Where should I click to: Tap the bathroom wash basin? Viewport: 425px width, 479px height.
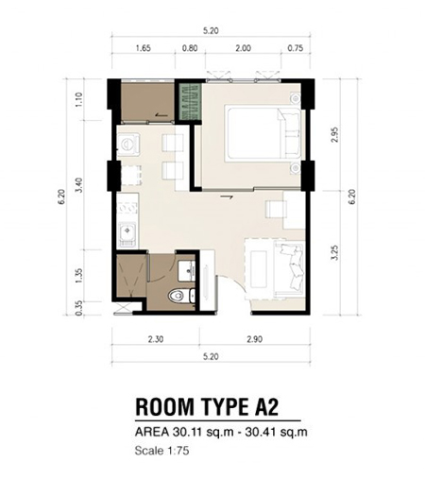(187, 271)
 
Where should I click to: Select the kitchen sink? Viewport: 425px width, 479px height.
(127, 234)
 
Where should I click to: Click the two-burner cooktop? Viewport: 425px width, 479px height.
(128, 208)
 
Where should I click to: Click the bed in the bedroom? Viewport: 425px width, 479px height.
(263, 133)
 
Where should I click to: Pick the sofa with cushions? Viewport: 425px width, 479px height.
(289, 268)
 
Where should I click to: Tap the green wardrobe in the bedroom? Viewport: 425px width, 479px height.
(190, 101)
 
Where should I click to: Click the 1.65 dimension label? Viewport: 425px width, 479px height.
(143, 48)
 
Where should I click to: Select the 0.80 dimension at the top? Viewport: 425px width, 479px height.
(190, 48)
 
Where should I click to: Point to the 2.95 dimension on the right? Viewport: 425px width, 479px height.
(335, 134)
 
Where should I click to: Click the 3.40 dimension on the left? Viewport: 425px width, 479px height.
(78, 185)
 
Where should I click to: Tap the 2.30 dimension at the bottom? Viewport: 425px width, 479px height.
(156, 339)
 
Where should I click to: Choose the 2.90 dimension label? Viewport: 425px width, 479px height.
(254, 339)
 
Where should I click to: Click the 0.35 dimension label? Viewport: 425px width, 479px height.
(78, 308)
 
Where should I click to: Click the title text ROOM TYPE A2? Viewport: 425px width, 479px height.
(207, 407)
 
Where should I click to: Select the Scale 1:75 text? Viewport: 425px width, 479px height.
(161, 451)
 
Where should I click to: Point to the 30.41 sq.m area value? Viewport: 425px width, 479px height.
(276, 432)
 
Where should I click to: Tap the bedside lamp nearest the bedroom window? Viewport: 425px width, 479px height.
(296, 98)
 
